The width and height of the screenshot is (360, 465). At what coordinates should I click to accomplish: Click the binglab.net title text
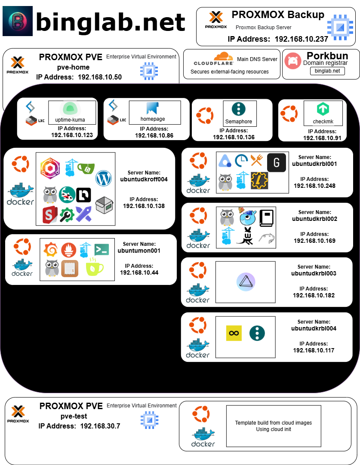(x=111, y=22)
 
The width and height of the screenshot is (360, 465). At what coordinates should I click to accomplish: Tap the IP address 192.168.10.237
(x=301, y=39)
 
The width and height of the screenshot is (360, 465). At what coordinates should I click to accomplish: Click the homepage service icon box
(x=155, y=112)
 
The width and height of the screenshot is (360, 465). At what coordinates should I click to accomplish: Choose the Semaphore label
(x=239, y=122)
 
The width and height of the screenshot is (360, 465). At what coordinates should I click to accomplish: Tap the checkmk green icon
(x=323, y=109)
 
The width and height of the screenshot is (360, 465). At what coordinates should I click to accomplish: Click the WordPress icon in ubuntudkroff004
(x=104, y=178)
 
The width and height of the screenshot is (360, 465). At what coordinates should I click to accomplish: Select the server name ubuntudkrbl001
(x=314, y=164)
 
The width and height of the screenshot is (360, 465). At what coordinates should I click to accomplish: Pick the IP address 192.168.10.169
(x=314, y=241)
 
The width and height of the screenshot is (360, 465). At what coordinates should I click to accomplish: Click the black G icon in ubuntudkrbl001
(x=276, y=162)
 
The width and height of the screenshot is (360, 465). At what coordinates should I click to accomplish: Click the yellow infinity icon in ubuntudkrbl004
(x=234, y=333)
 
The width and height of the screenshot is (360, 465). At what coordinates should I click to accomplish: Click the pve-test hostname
(x=74, y=416)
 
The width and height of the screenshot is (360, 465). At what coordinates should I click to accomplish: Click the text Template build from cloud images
(x=274, y=423)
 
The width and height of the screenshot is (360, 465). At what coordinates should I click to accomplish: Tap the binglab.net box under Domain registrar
(x=327, y=71)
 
